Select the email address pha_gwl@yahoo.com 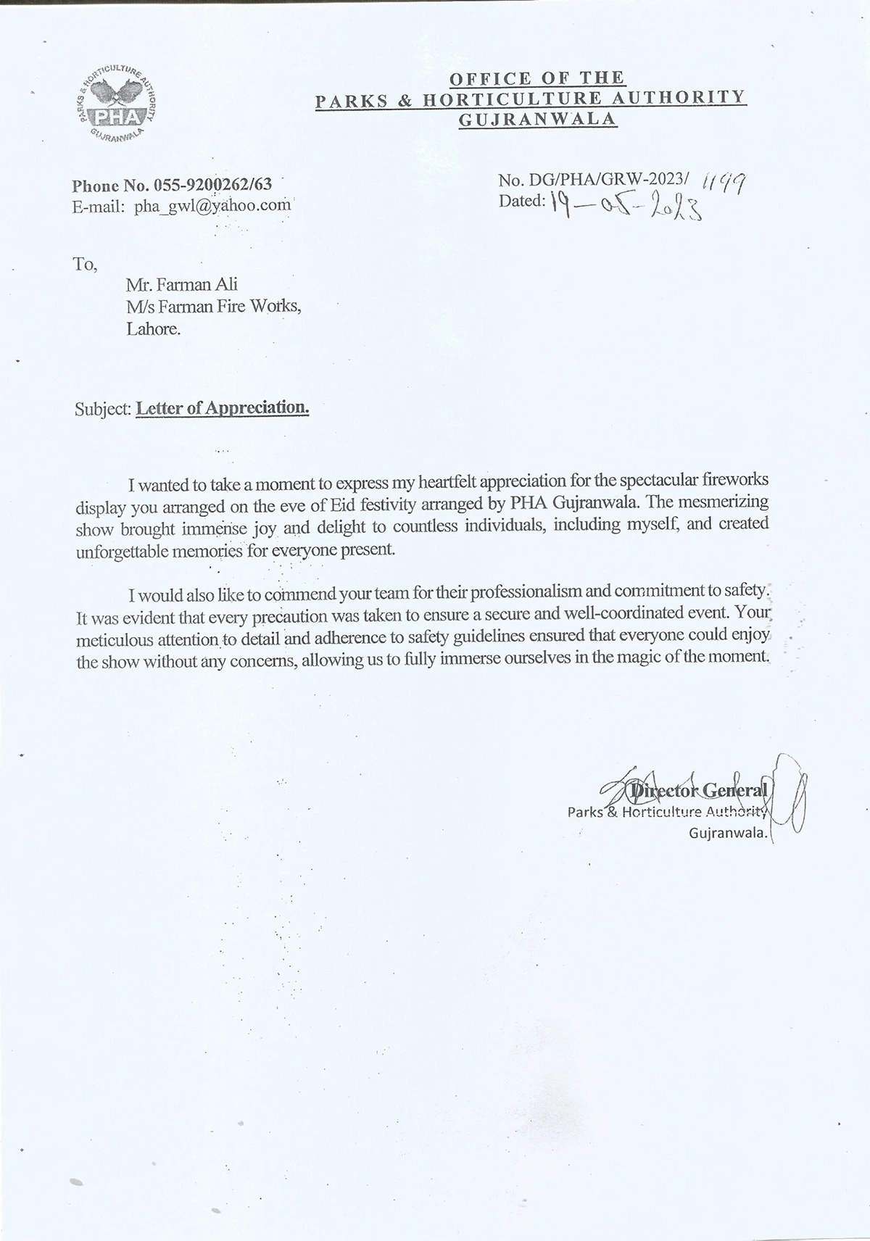212,205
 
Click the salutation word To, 85,264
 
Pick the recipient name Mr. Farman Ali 181,285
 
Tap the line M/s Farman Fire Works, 213,307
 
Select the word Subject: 103,409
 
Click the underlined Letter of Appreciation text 223,408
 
